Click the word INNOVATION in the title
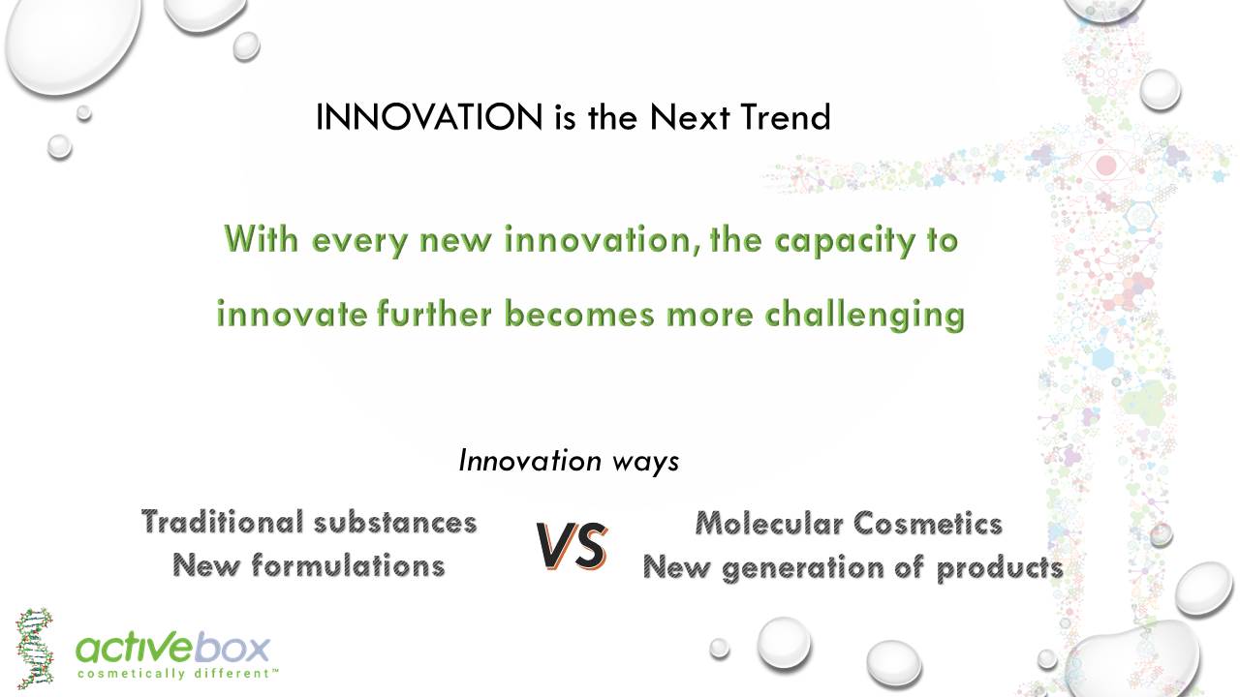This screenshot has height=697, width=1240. (429, 117)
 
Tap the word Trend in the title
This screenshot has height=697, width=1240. (786, 117)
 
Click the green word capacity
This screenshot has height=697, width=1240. (844, 241)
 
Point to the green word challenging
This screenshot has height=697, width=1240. (865, 316)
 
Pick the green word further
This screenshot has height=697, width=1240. (434, 314)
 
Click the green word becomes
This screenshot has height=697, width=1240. (579, 314)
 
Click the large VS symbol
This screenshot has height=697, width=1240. (572, 546)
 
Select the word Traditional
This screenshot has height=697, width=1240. (223, 522)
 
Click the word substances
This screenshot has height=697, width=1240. (395, 522)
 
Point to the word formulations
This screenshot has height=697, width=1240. (348, 565)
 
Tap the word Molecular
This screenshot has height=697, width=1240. (769, 524)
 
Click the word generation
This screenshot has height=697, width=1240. (803, 568)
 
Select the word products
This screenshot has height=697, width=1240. (1000, 568)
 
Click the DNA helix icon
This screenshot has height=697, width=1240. (34, 648)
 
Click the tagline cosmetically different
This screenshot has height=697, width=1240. (177, 674)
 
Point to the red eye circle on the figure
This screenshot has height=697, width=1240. (1106, 166)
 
